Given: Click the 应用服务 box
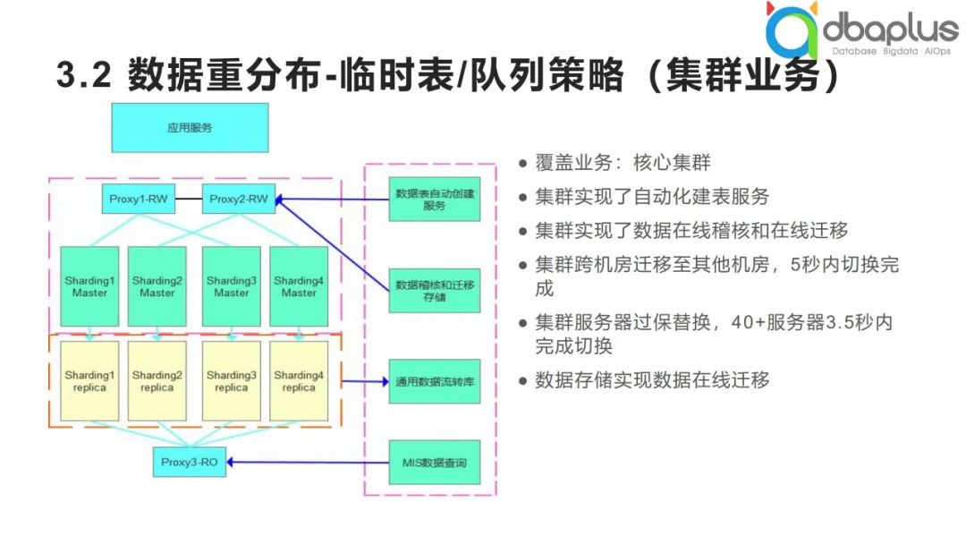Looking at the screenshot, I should (x=190, y=128).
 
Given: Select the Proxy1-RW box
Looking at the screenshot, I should (x=139, y=199).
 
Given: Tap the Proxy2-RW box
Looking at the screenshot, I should (x=239, y=199).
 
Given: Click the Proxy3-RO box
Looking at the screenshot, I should (x=189, y=463).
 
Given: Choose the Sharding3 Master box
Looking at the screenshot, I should (x=232, y=286).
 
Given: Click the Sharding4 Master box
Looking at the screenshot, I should (x=299, y=286).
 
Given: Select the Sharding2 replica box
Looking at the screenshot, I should (x=157, y=381).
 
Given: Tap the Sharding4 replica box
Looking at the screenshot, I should (x=299, y=381).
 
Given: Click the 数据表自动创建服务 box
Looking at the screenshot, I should (x=435, y=199).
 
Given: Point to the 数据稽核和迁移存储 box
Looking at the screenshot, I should (x=435, y=290).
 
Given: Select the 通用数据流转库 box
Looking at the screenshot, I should (x=435, y=382).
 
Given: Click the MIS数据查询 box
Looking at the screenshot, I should (x=435, y=463).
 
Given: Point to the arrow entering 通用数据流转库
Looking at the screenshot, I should (x=367, y=382).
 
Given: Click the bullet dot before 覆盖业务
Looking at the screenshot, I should (x=522, y=164).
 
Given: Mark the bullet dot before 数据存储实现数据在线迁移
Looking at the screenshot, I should (x=522, y=380).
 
